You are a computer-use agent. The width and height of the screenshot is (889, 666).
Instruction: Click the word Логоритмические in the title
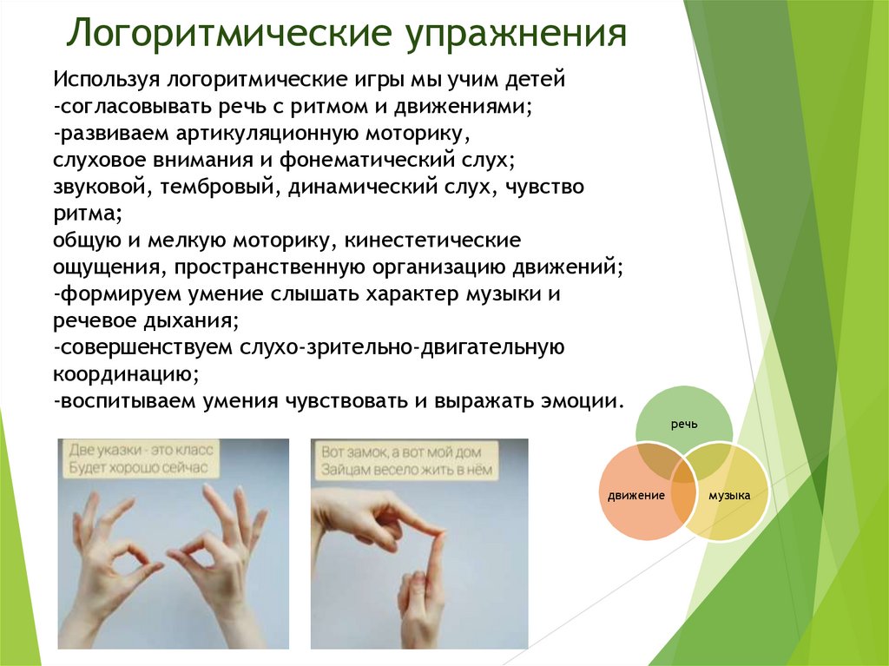point(229,33)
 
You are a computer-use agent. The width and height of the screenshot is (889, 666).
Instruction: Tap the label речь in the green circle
point(684,425)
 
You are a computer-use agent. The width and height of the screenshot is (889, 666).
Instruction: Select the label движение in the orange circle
point(636,495)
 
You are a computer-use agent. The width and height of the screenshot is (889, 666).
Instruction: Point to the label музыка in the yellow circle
point(729,495)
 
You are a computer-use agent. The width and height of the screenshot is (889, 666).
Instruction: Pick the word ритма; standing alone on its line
point(88,214)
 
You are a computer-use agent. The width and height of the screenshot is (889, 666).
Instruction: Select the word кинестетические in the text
point(432,240)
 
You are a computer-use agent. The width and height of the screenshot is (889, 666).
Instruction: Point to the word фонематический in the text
point(367,160)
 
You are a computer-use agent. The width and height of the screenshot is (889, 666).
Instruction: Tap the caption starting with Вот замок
point(406,460)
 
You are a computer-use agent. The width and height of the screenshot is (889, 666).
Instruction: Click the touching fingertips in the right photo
point(437,533)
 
